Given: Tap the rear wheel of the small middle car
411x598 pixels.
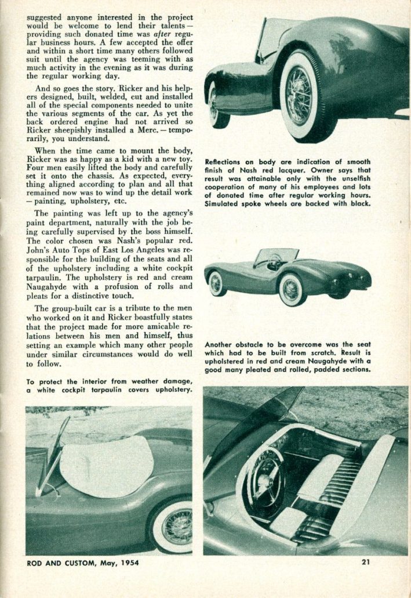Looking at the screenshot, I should coord(291,289).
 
